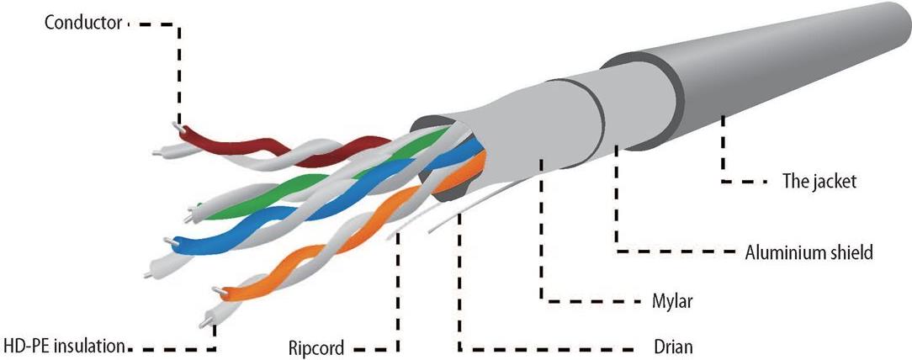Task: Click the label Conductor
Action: pos(83,24)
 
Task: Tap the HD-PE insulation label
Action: pos(65,345)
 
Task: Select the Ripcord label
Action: pos(316,347)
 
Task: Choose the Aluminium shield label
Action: pos(809,251)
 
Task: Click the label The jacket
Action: pos(819,181)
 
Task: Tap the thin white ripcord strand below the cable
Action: pos(446,217)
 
